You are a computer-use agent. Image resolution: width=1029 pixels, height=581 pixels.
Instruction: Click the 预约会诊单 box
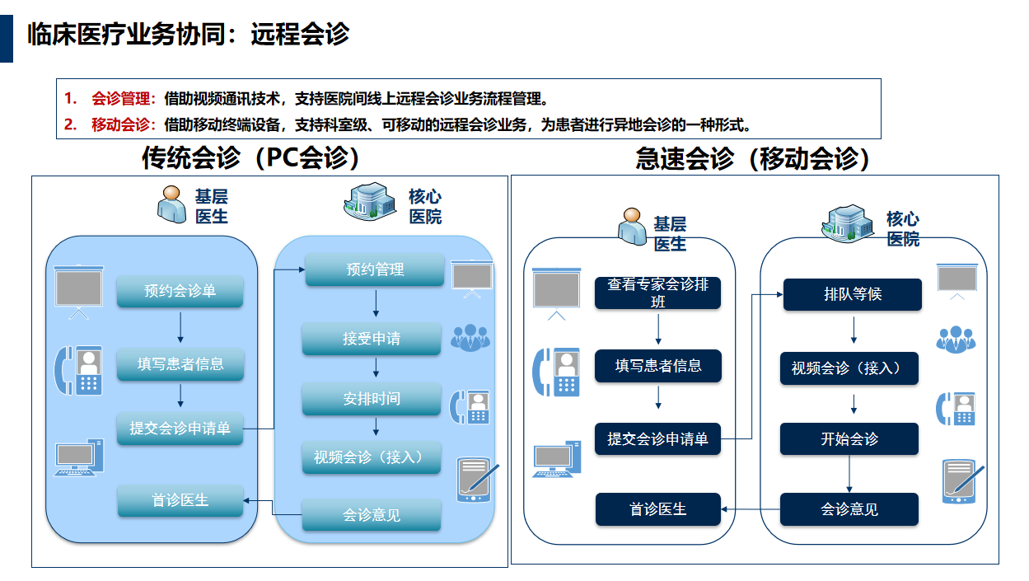180,291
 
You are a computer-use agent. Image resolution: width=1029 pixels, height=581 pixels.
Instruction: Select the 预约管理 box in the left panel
375,269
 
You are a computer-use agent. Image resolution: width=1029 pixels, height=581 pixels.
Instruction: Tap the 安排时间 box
372,398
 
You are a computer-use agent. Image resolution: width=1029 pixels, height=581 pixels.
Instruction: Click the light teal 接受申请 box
372,338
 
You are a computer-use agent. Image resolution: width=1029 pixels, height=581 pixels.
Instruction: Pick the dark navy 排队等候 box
852,294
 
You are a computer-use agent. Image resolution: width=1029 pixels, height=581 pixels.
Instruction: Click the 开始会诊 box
849,438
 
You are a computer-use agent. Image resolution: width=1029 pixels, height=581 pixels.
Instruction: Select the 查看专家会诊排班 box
657,293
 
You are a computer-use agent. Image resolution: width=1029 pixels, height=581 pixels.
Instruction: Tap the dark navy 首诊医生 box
657,509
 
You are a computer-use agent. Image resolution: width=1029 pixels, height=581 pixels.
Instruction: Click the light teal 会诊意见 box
372,515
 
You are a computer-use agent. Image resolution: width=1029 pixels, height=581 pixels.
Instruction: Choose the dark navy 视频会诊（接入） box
849,368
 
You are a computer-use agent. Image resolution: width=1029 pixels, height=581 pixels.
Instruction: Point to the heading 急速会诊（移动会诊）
753,158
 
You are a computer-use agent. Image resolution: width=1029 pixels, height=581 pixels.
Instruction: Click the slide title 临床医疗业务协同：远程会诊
188,34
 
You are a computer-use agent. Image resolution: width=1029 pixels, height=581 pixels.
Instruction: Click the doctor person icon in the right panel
632,225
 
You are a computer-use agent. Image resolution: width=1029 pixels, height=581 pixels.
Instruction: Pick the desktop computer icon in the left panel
79,457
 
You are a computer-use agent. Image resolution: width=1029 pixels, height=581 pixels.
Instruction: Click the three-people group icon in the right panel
956,338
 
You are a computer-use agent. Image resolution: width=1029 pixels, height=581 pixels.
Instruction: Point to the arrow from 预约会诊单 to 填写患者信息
180,328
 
